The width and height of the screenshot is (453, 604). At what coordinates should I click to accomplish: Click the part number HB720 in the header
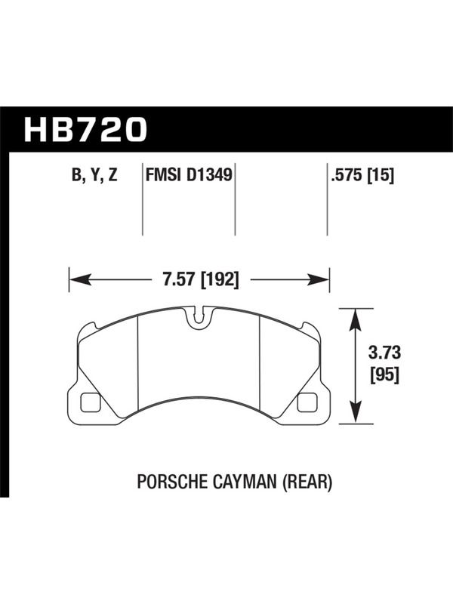click(85, 129)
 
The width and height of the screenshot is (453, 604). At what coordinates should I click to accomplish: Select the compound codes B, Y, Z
click(94, 175)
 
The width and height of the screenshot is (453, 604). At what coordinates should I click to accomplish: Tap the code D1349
click(210, 175)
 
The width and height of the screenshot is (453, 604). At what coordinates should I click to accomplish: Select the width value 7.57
click(179, 279)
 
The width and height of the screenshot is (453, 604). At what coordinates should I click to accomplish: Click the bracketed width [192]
click(220, 279)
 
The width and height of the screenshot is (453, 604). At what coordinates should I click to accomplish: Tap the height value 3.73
click(385, 353)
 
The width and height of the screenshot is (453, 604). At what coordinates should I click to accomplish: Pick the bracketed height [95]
click(385, 375)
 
